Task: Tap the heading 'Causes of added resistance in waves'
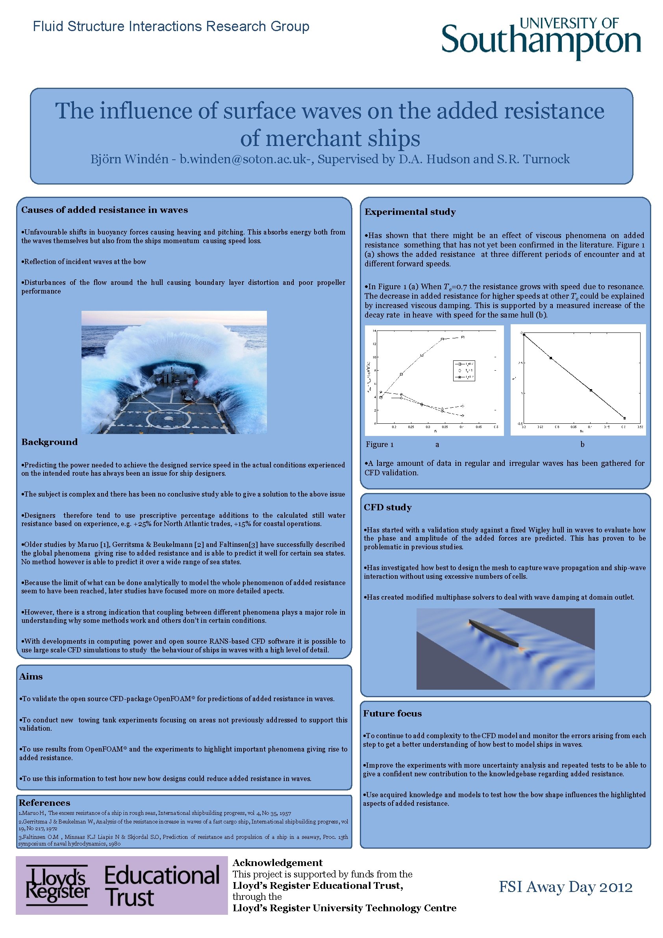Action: pos(105,210)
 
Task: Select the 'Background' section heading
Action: pos(50,442)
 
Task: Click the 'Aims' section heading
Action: pos(31,676)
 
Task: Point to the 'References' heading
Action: pos(44,803)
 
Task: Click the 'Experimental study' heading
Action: pos(410,212)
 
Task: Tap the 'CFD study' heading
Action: pos(387,508)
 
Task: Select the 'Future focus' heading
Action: pos(393,714)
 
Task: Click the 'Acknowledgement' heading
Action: pos(278,863)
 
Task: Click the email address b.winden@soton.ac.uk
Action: pos(244,159)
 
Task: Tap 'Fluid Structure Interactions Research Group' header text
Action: pos(171,26)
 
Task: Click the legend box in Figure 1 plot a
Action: pos(464,371)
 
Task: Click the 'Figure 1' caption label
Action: pos(379,445)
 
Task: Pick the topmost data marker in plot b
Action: pos(524,334)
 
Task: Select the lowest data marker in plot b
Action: pos(624,418)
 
